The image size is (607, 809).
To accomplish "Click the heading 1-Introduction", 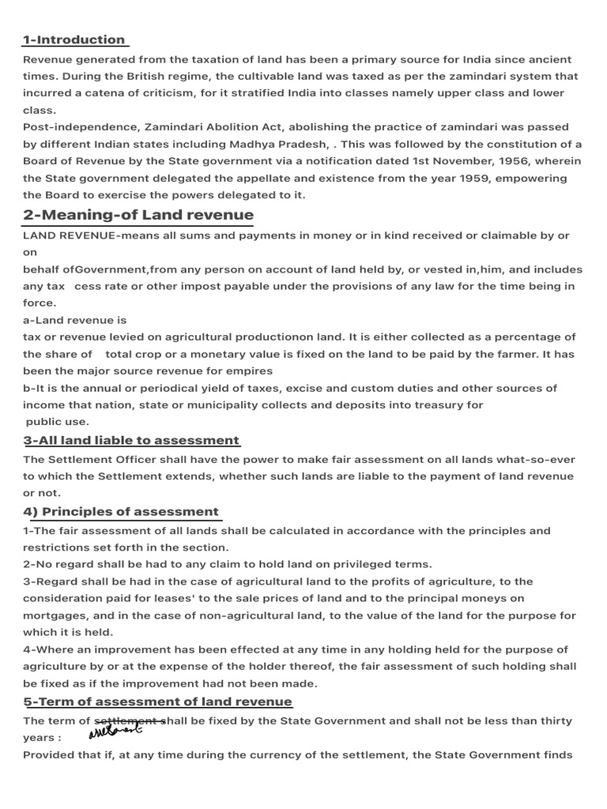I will [x=74, y=40].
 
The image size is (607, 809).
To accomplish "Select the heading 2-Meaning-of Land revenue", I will [x=138, y=215].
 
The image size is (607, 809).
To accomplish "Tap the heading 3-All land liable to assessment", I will [x=131, y=440].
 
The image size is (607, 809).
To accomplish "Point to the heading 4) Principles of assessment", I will [x=121, y=511].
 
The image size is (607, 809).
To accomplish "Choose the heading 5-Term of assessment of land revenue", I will [x=158, y=702].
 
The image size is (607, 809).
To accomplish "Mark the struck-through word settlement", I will [x=129, y=721].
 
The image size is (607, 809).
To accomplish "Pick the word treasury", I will [x=444, y=404].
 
